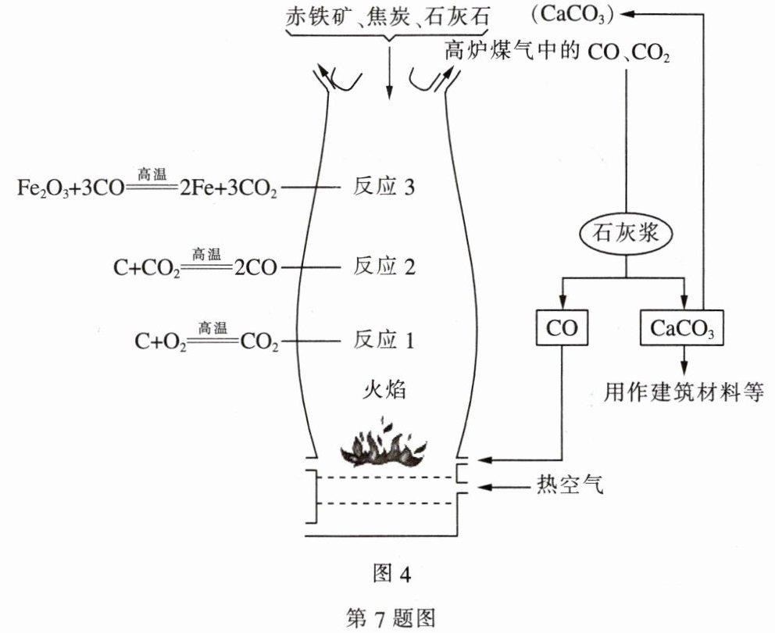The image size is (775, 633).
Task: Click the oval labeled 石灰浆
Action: pos(626,232)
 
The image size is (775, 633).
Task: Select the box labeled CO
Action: pos(562,327)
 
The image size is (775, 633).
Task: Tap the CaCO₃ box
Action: pos(681,327)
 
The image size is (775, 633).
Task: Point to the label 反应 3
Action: pos(384,187)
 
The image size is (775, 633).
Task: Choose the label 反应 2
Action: pos(384,266)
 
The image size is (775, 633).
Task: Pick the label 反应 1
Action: pos(384,340)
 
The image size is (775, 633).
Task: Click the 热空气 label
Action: pos(570,485)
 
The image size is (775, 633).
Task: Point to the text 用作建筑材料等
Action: pos(684,392)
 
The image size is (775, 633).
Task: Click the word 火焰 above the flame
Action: pos(384,390)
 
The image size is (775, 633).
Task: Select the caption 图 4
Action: pos(391,574)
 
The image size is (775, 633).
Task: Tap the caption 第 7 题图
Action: pos(390,617)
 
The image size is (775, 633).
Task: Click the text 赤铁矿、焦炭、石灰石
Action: pos(388,16)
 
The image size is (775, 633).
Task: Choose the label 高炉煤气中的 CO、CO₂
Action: pos(558,52)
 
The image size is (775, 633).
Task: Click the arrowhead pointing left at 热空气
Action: pos(484,487)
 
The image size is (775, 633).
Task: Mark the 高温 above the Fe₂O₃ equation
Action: pos(152,173)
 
